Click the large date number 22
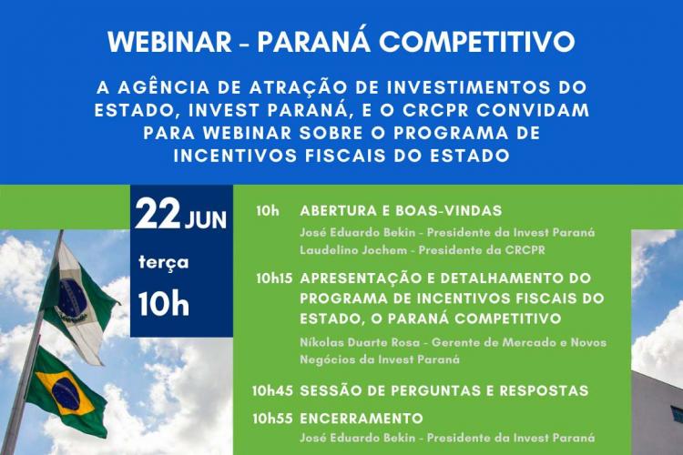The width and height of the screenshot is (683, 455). pyautogui.click(x=158, y=216)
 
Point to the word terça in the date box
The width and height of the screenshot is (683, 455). pyautogui.click(x=163, y=263)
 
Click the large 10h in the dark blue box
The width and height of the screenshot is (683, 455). pyautogui.click(x=164, y=304)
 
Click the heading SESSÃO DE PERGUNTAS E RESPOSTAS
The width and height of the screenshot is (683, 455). pyautogui.click(x=444, y=390)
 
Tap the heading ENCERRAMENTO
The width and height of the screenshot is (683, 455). pyautogui.click(x=362, y=418)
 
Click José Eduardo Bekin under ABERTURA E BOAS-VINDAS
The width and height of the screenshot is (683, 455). pyautogui.click(x=354, y=232)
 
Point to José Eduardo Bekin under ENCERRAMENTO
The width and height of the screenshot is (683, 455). pyautogui.click(x=354, y=438)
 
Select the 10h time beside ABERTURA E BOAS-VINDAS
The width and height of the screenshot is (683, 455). pyautogui.click(x=267, y=209)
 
